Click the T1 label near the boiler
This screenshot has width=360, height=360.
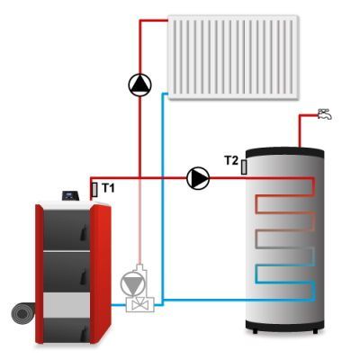pyautogui.click(x=108, y=188)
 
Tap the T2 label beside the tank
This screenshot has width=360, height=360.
pyautogui.click(x=231, y=160)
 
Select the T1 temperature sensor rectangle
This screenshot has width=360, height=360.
pyautogui.click(x=94, y=190)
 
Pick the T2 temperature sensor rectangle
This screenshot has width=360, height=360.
pyautogui.click(x=244, y=167)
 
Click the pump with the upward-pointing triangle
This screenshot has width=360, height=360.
pyautogui.click(x=139, y=85)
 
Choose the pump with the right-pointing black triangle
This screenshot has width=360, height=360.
pyautogui.click(x=198, y=178)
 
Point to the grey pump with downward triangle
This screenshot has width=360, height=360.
pyautogui.click(x=133, y=283)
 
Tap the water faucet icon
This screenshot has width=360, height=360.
pyautogui.click(x=325, y=114)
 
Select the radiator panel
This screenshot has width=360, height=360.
pyautogui.click(x=233, y=57)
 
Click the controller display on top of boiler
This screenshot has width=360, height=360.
pyautogui.click(x=71, y=196)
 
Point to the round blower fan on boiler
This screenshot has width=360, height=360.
pyautogui.click(x=22, y=314)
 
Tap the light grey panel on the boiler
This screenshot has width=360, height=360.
pyautogui.click(x=67, y=305)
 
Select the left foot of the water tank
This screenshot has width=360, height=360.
pyautogui.click(x=255, y=331)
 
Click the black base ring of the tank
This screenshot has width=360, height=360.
pyautogui.click(x=284, y=325)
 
